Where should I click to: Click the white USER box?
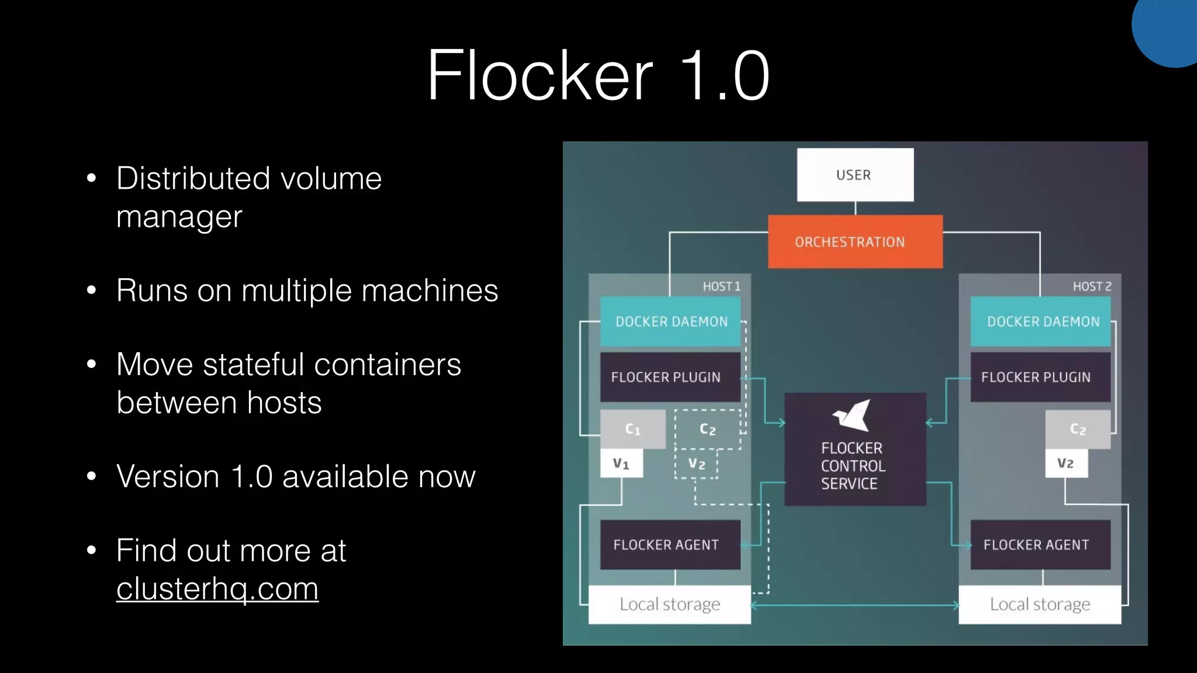click(x=855, y=175)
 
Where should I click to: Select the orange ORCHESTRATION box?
click(x=855, y=242)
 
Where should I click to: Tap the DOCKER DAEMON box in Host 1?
click(x=670, y=321)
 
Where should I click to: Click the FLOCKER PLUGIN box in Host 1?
click(x=670, y=377)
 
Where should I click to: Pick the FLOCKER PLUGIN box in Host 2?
click(x=1040, y=377)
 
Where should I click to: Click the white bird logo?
click(x=852, y=415)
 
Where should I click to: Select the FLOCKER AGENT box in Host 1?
click(x=670, y=544)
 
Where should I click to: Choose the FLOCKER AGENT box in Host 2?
click(x=1040, y=544)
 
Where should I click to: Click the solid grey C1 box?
click(x=633, y=429)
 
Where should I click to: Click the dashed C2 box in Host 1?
click(x=707, y=429)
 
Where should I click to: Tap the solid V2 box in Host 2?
click(x=1066, y=463)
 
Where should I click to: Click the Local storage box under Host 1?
click(x=670, y=604)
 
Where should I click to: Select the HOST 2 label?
click(x=1092, y=286)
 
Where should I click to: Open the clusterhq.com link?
click(x=217, y=588)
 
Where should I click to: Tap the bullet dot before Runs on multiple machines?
click(x=91, y=290)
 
